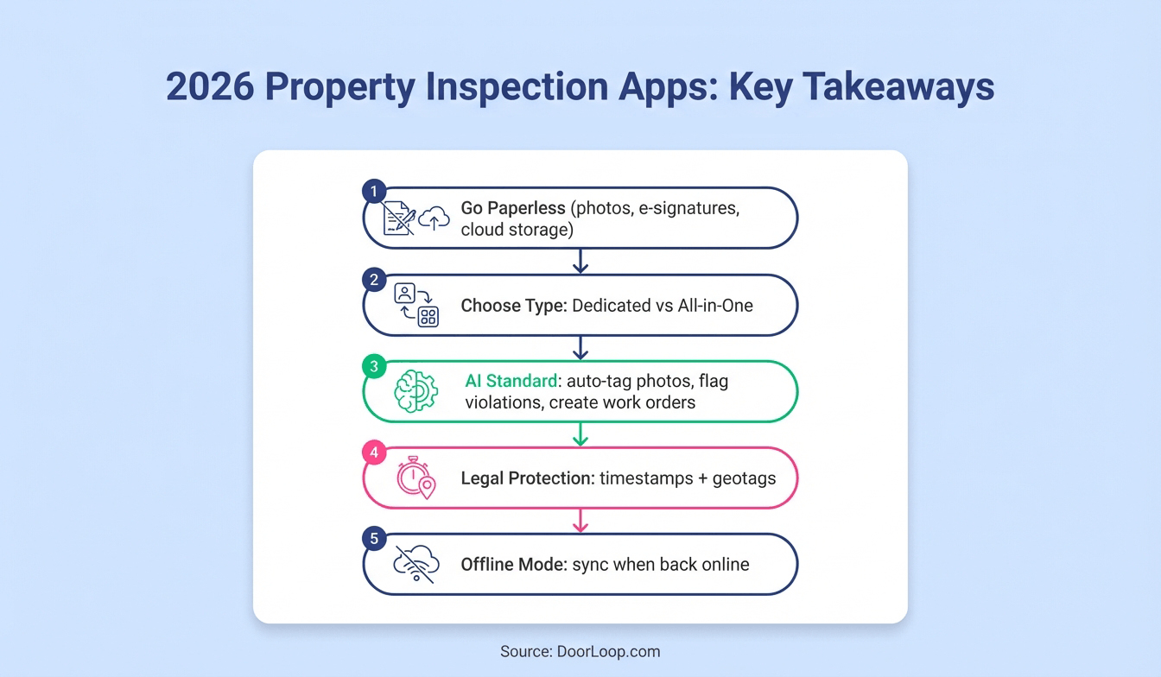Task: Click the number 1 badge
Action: pos(373,192)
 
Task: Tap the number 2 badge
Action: pos(373,279)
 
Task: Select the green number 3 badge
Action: pos(373,365)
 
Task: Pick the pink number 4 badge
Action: pos(373,452)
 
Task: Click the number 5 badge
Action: pos(373,538)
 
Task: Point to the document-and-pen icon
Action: pos(399,218)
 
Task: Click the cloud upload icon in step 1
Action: pos(434,219)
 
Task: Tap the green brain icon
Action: pos(416,391)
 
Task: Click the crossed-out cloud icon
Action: pos(416,563)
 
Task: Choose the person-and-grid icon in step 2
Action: pos(416,305)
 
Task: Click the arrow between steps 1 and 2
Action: pos(580,261)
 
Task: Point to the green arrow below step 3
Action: pos(580,433)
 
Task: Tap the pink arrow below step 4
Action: pos(580,520)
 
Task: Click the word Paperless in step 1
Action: pos(533,209)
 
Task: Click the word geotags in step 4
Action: pos(744,478)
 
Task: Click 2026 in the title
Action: pos(210,88)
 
